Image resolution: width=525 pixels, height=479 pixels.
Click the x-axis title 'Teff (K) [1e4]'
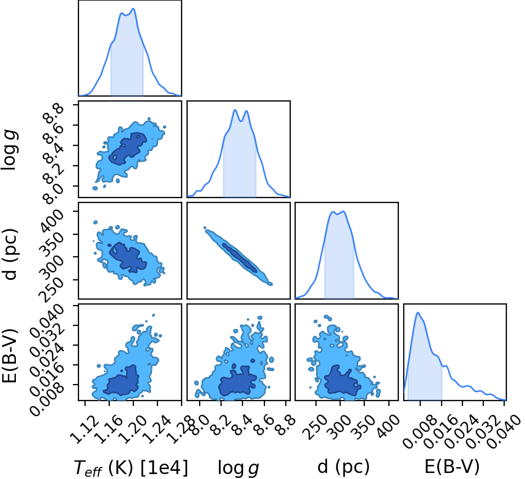pyautogui.click(x=131, y=467)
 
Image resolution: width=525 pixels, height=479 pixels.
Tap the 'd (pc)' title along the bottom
pyautogui.click(x=343, y=466)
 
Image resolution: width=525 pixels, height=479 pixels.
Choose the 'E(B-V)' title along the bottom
pyautogui.click(x=452, y=466)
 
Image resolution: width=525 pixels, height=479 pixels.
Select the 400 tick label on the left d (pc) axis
pyautogui.click(x=52, y=221)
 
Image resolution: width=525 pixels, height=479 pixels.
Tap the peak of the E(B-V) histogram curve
pyautogui.click(x=418, y=313)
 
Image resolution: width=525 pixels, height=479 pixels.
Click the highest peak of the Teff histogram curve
pyautogui.click(x=133, y=9)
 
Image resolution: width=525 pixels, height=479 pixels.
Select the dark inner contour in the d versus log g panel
pyautogui.click(x=240, y=257)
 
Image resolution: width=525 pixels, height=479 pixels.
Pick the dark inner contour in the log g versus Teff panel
pyautogui.click(x=128, y=149)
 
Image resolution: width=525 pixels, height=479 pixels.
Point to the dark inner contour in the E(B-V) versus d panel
pyautogui.click(x=342, y=380)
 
